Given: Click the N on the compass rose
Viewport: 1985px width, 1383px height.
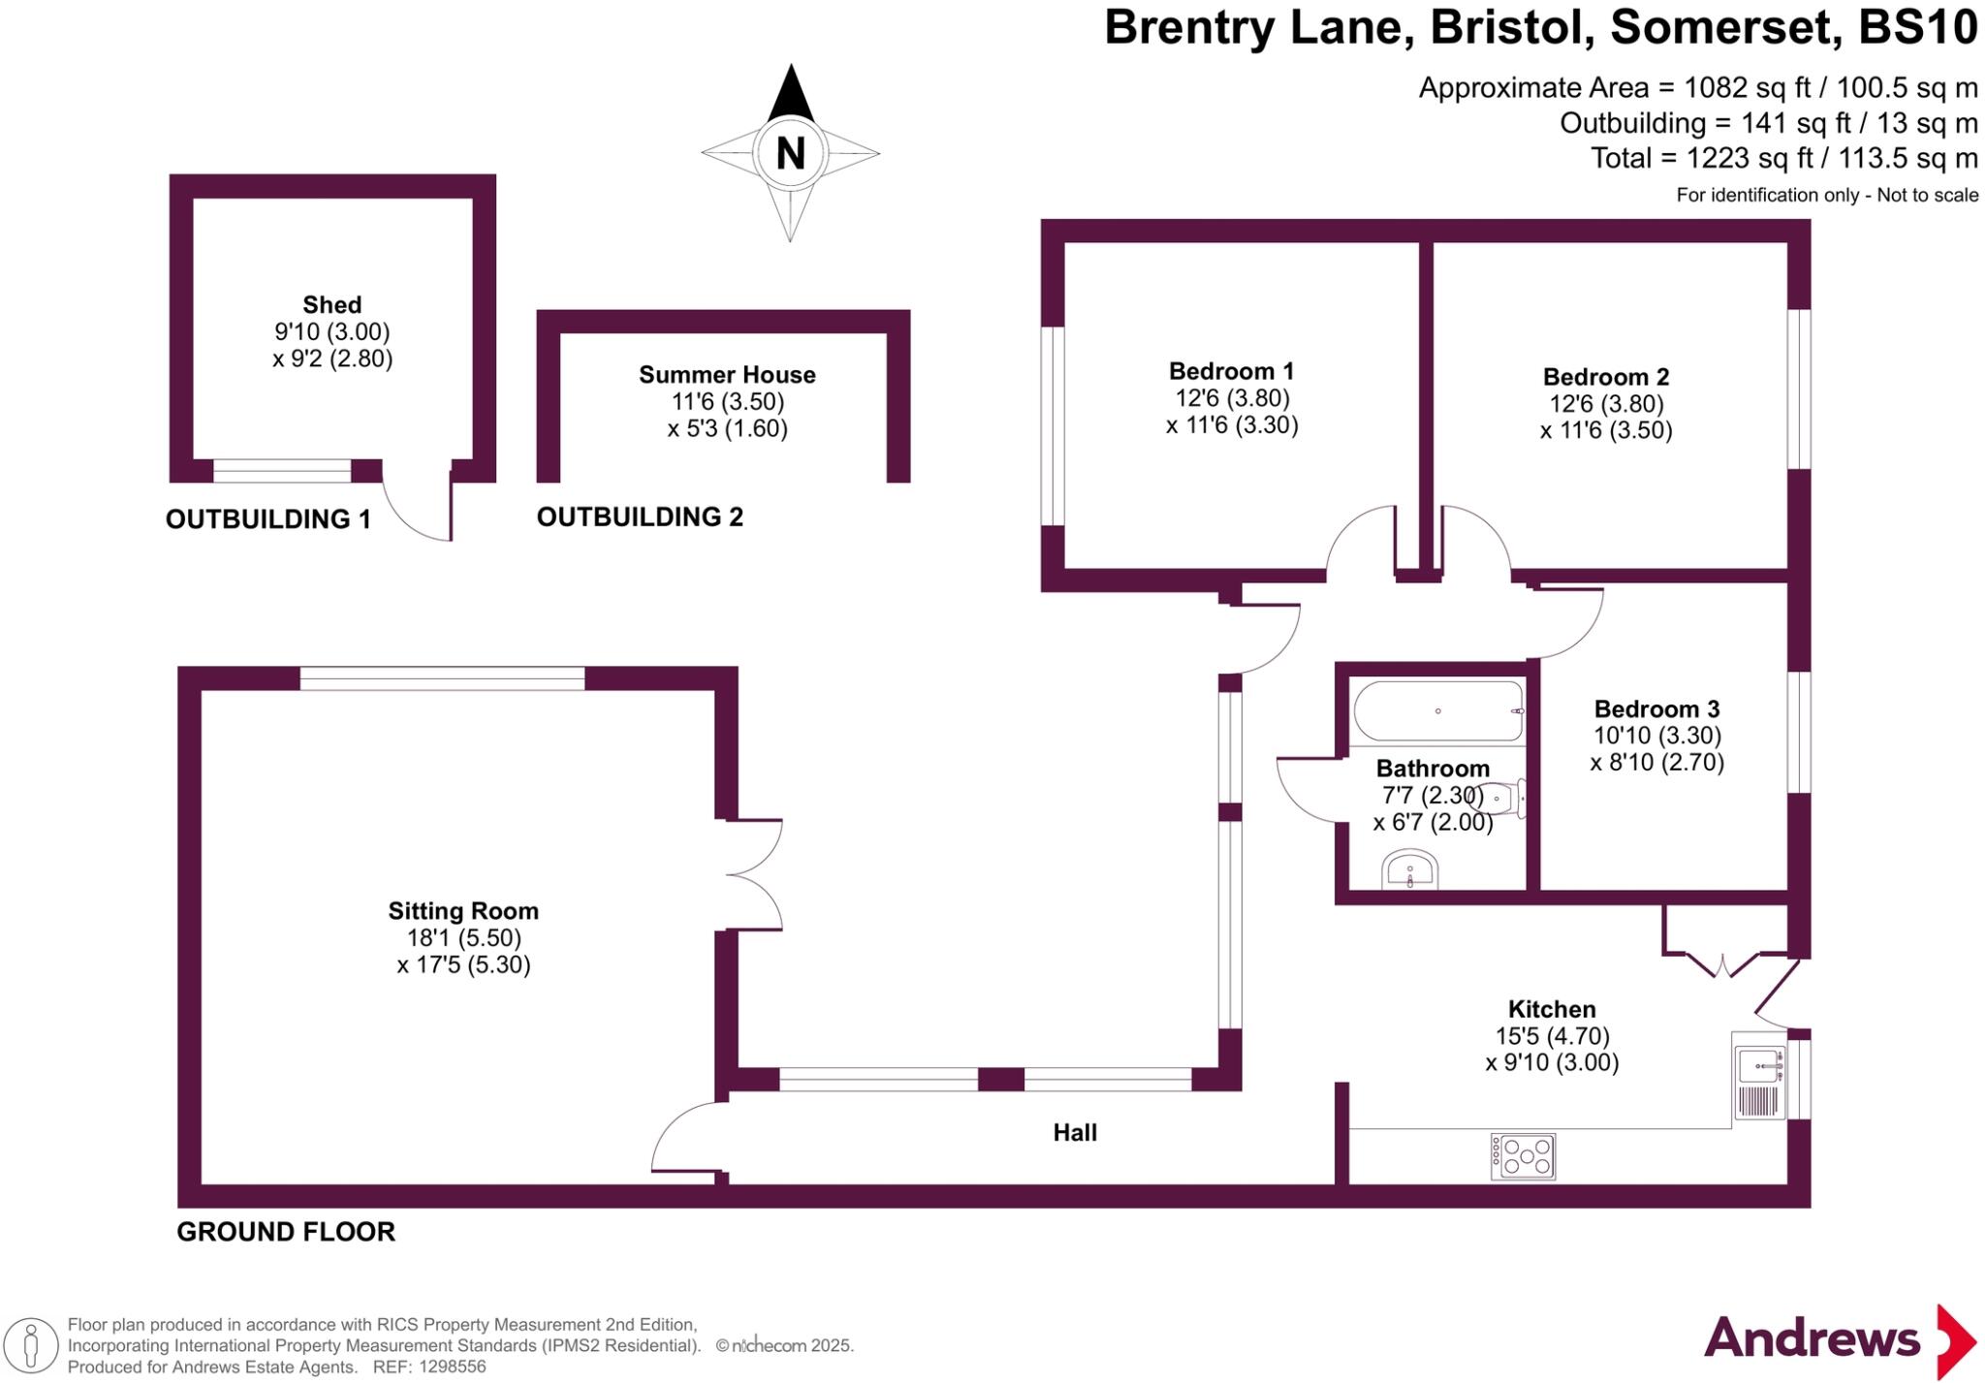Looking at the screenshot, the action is pos(791,153).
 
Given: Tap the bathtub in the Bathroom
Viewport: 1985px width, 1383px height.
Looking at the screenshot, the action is pos(1438,711).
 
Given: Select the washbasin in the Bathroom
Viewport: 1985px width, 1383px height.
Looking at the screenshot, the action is pos(1410,869).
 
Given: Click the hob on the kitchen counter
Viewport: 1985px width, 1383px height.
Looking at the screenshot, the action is pos(1523,1156).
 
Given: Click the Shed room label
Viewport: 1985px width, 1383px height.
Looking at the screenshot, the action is pos(332,304).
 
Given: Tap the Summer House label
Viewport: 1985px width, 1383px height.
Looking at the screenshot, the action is pos(727,375).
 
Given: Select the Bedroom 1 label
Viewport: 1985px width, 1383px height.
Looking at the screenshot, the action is pos(1231,371).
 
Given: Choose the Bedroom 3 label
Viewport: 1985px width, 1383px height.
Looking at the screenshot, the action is pos(1657,708).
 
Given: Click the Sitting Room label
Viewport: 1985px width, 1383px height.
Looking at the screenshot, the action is pos(463,911).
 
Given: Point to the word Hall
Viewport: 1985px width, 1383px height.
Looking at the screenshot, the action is pos(1075,1132).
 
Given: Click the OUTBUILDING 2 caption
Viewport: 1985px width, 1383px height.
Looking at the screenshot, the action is pos(640,517).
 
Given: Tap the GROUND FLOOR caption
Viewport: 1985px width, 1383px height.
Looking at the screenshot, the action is pos(286,1232).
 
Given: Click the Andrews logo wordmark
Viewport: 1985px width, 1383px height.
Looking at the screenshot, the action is pos(1812,1338).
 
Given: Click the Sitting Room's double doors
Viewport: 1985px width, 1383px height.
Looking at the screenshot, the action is pos(754,875).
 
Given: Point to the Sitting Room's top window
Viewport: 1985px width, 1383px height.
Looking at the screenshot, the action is pos(442,678).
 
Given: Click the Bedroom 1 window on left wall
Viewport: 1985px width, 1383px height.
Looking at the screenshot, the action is pos(1053,426).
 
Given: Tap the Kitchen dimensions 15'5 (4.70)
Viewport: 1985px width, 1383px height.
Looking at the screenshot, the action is pos(1552,1036).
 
